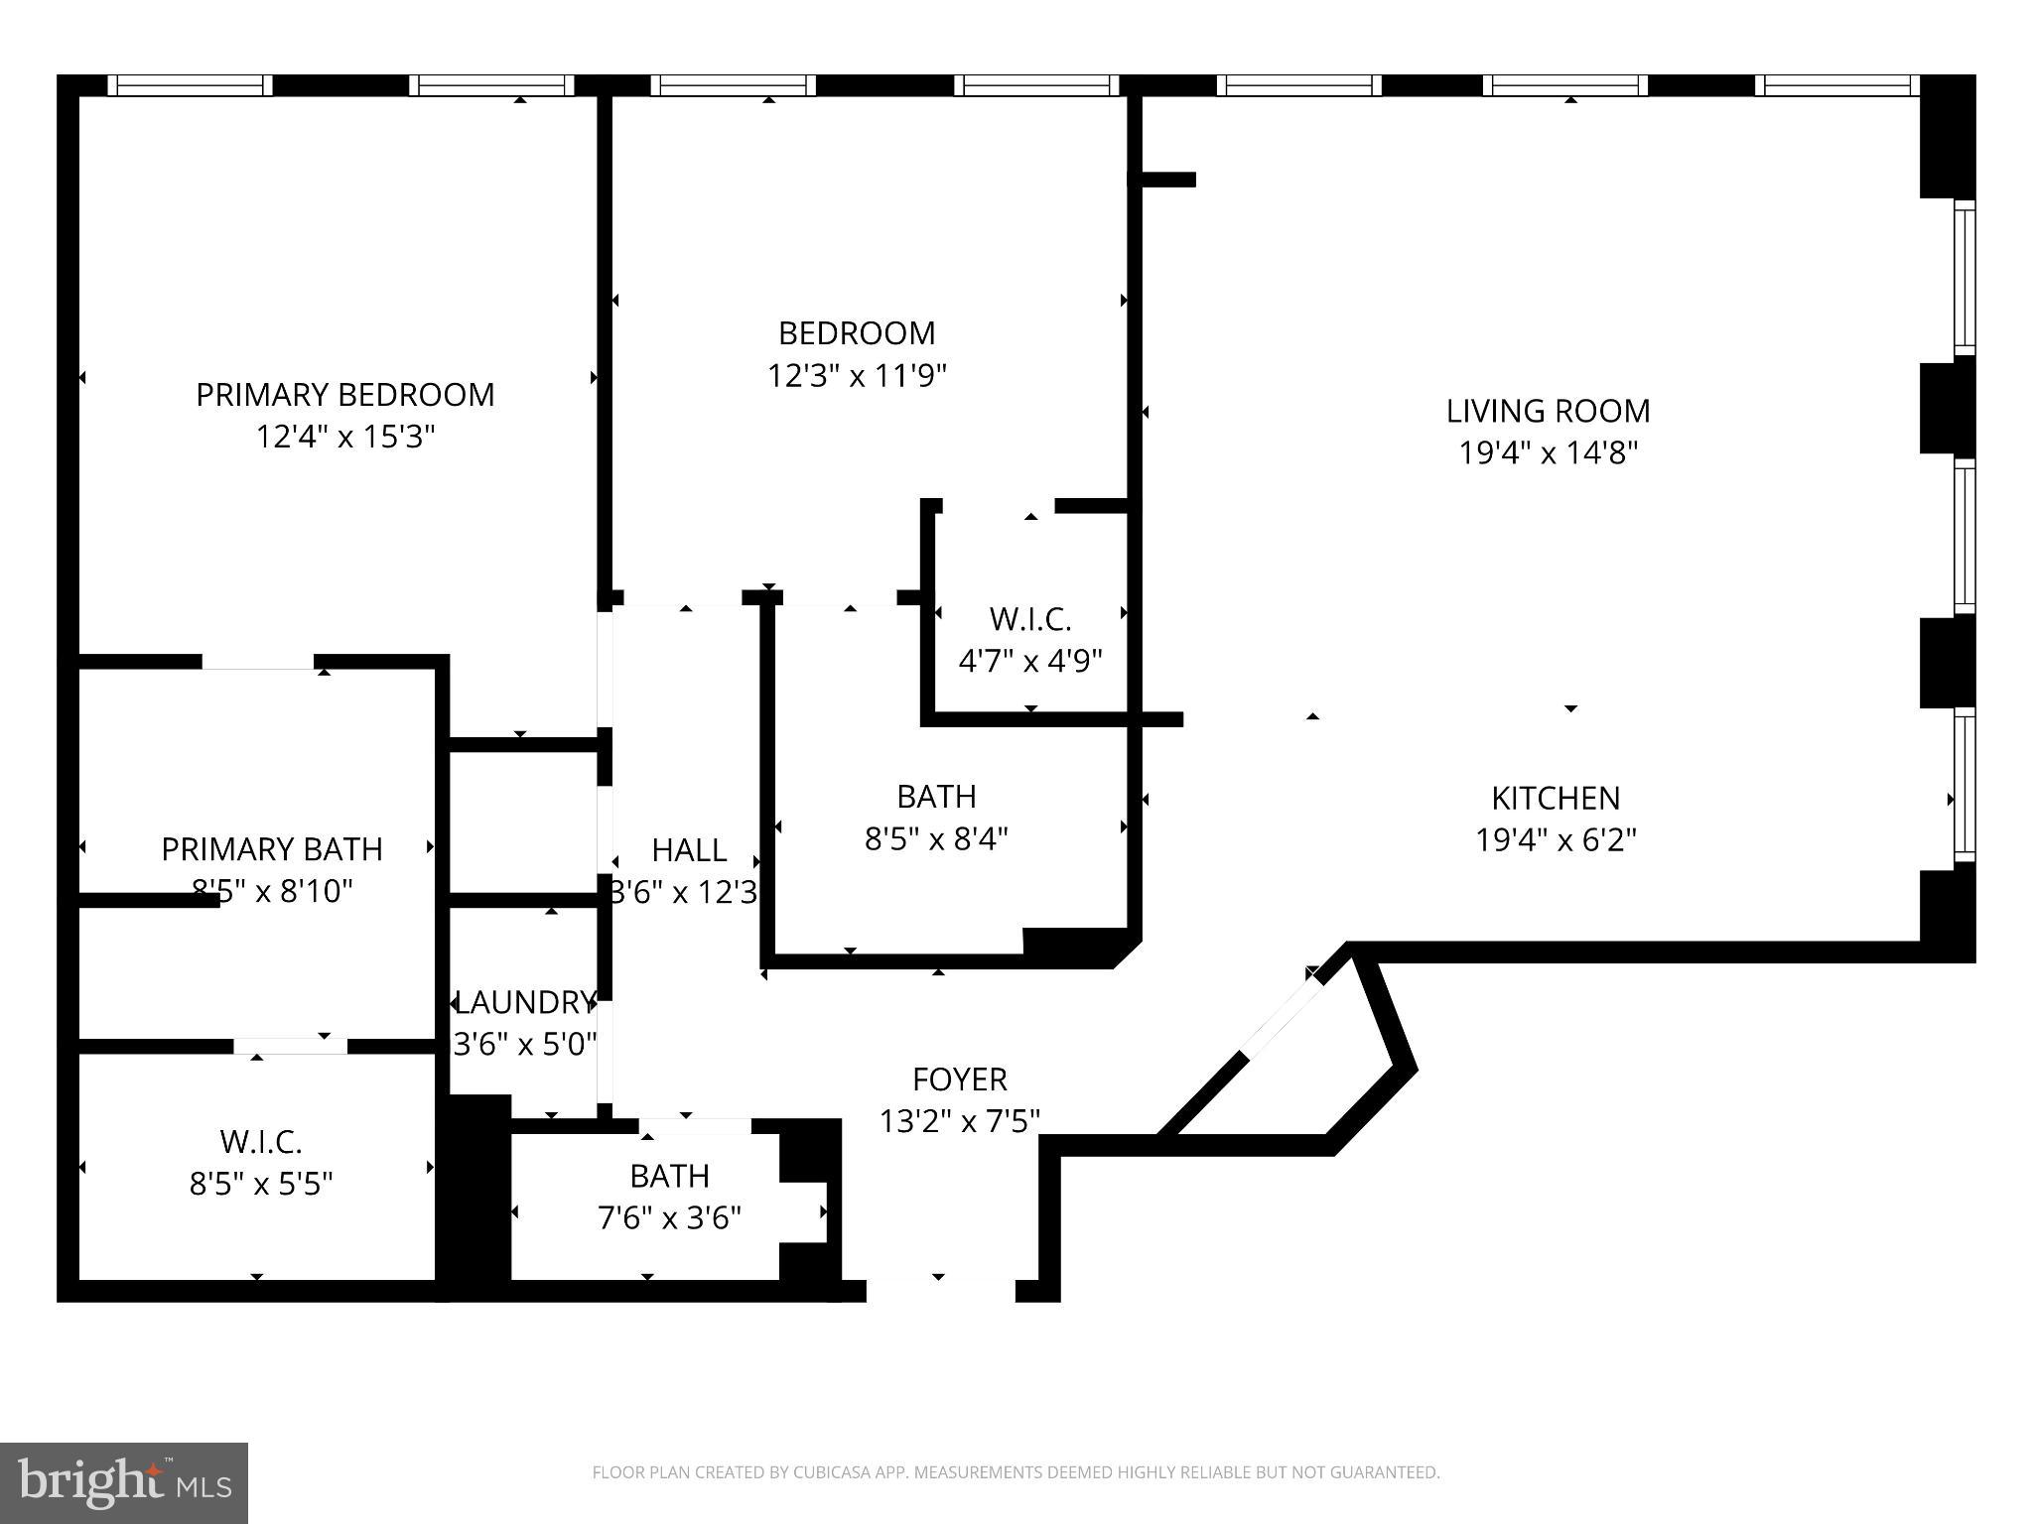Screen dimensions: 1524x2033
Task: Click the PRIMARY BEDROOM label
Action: pyautogui.click(x=344, y=395)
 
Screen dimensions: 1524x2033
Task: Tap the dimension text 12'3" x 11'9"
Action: pyautogui.click(x=857, y=376)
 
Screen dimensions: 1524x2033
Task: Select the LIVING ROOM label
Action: pyautogui.click(x=1547, y=411)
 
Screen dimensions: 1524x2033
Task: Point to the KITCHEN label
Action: pyautogui.click(x=1555, y=798)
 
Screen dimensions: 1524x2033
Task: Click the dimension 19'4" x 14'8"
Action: pyautogui.click(x=1547, y=453)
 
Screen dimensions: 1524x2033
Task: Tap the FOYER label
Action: pyautogui.click(x=959, y=1079)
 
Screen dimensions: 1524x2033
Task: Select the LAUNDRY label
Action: pyautogui.click(x=524, y=1002)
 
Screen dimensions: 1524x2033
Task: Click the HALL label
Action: pyautogui.click(x=689, y=850)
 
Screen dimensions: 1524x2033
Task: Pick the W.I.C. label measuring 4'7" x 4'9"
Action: pyautogui.click(x=1029, y=620)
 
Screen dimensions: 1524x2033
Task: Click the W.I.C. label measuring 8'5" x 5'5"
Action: pyautogui.click(x=260, y=1142)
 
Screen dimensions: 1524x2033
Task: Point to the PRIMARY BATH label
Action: pyautogui.click(x=271, y=849)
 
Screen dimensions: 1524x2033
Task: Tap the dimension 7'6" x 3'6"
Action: pyautogui.click(x=669, y=1217)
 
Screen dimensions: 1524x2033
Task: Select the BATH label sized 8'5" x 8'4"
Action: pyautogui.click(x=935, y=797)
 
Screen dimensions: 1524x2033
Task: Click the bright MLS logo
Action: pyautogui.click(x=124, y=1482)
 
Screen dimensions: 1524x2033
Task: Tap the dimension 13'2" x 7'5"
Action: pyautogui.click(x=959, y=1121)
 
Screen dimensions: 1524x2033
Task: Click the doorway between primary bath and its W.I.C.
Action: pyautogui.click(x=290, y=1046)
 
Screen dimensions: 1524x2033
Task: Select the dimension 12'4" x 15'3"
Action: pyautogui.click(x=344, y=437)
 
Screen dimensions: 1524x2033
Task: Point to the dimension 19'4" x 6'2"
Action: pyautogui.click(x=1555, y=840)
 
